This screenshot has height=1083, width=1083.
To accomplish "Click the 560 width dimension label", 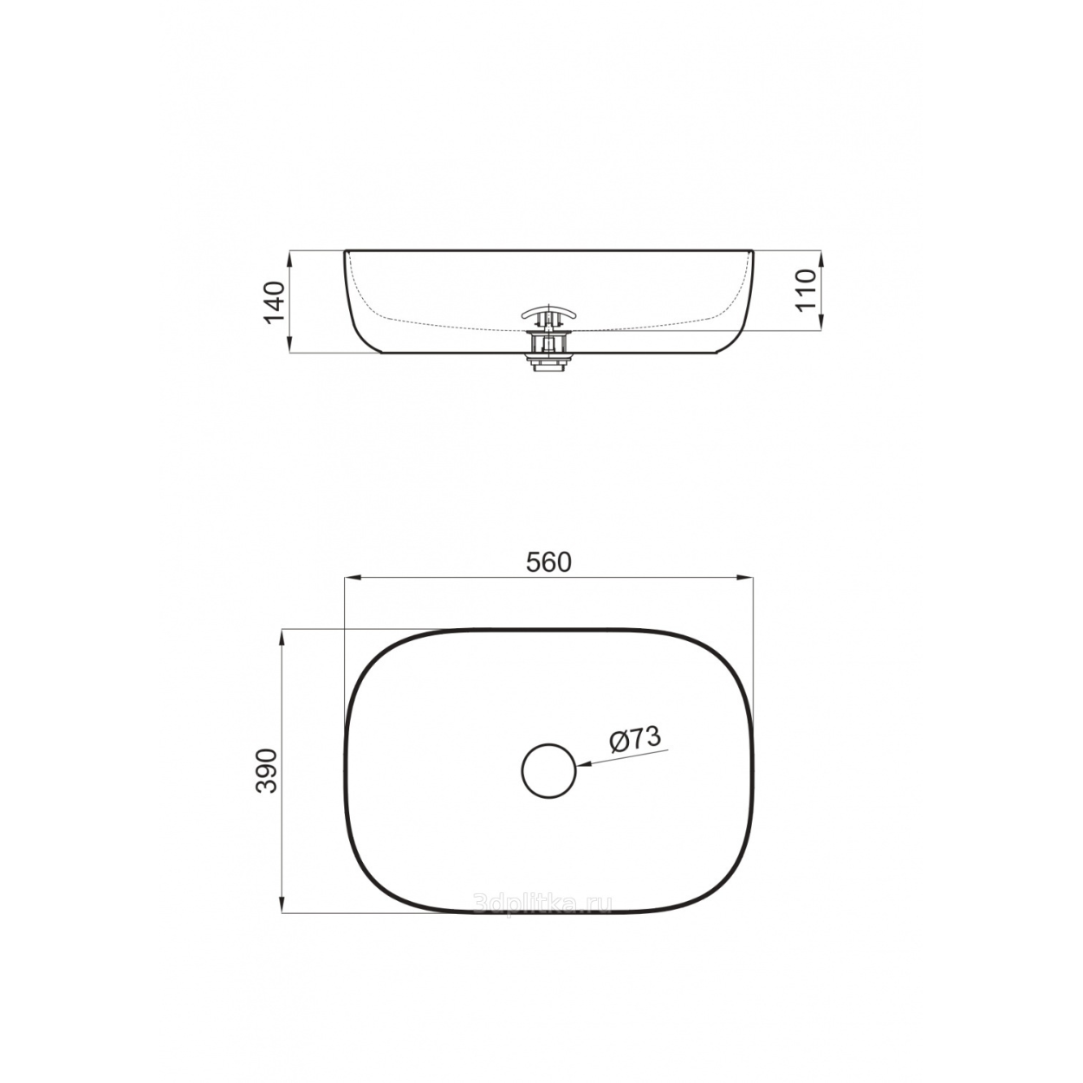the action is pos(548,562).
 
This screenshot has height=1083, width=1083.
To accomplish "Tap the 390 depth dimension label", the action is pos(267,771).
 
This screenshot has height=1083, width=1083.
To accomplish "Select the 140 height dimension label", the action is pos(275,302).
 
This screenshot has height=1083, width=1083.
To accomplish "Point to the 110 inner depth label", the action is pos(806,290).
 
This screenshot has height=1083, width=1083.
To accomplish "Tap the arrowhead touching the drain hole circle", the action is pos(584,764).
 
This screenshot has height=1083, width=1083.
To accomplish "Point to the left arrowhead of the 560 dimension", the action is pos(351,577).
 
